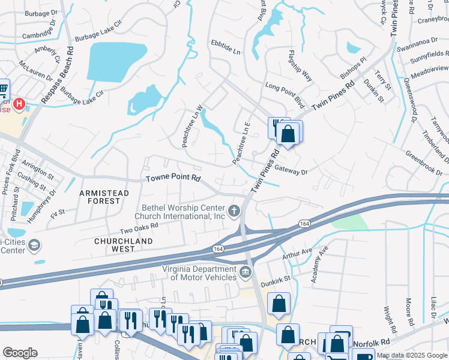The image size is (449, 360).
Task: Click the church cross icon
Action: pyautogui.click(x=234, y=211)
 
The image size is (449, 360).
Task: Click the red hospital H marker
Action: pyautogui.click(x=19, y=104)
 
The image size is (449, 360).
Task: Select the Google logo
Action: pyautogui.click(x=20, y=353)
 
